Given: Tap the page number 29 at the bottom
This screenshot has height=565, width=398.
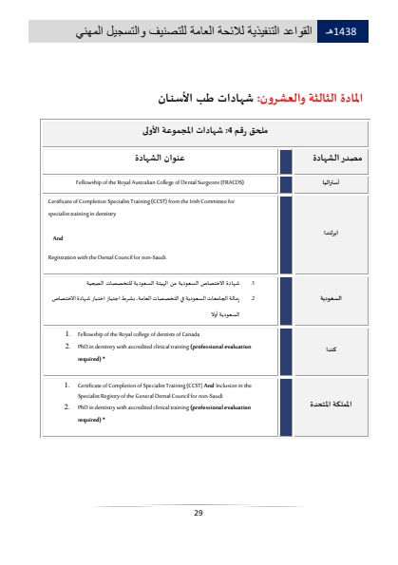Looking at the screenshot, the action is (199, 513).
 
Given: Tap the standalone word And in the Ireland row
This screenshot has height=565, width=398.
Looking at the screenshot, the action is (57, 238).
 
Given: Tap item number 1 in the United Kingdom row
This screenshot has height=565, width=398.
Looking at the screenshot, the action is (66, 386).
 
